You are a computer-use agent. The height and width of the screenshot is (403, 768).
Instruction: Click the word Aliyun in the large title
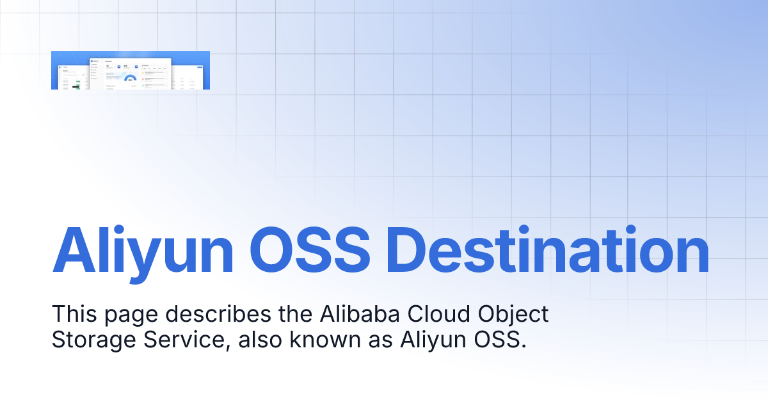click(143, 250)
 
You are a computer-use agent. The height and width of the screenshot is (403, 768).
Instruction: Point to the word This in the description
click(73, 315)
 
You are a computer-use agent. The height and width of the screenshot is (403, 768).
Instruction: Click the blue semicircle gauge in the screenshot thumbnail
click(131, 79)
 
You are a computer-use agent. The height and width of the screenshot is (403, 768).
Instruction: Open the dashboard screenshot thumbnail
click(131, 70)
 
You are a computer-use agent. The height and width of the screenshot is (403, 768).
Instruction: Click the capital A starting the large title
click(70, 250)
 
